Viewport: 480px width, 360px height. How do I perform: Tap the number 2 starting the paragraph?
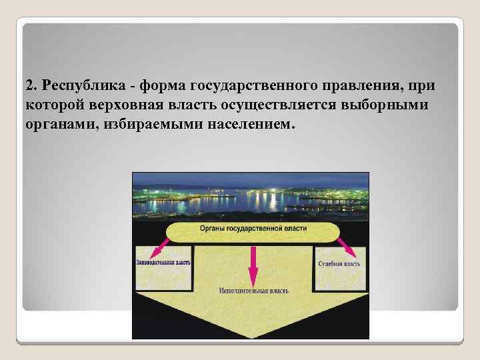pos(29,87)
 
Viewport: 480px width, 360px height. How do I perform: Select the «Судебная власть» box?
pos(339,269)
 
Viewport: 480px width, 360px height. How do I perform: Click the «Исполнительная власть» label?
pos(252,291)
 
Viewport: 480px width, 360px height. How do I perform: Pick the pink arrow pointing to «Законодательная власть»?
pos(159,249)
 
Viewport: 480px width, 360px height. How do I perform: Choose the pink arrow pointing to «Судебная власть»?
pos(347,249)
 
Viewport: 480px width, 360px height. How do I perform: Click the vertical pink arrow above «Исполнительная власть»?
pos(253,264)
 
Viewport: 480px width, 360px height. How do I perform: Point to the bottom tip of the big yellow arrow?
pos(252,337)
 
